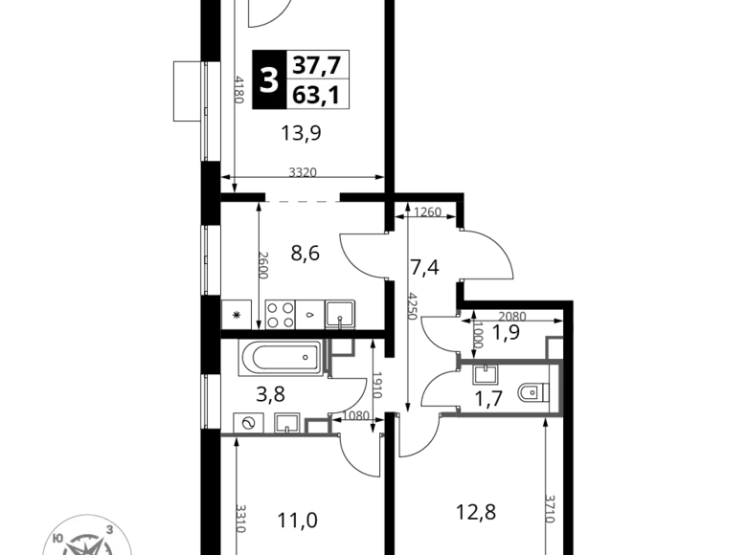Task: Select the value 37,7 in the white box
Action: (317, 65)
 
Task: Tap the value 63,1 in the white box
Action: (317, 96)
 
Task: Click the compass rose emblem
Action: (86, 538)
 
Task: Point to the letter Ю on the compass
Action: (57, 539)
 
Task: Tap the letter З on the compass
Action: (110, 529)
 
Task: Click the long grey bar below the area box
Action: (303, 203)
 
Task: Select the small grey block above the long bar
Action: (302, 169)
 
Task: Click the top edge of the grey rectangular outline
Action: (508, 360)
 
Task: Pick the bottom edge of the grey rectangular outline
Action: (493, 413)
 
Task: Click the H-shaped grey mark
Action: (339, 355)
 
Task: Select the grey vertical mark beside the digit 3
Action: (236, 89)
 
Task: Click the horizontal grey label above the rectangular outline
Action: (513, 315)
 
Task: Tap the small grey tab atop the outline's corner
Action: (553, 337)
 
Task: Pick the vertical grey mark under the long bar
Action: (264, 264)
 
